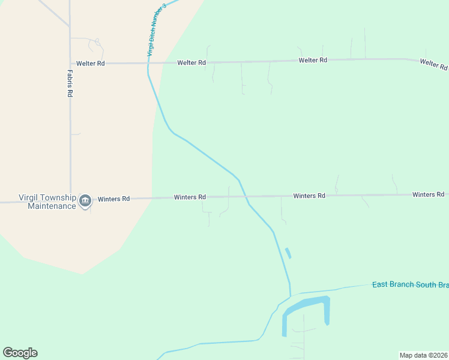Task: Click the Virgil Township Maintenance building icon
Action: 85,200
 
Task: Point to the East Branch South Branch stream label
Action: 410,284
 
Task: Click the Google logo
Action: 20,353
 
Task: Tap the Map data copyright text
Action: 423,355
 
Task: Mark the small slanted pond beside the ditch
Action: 288,253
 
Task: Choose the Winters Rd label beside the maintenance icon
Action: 113,199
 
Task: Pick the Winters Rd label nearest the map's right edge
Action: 428,194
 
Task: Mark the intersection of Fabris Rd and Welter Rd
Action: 70,63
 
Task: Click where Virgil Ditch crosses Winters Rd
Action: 244,196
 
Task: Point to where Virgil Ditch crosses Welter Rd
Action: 148,62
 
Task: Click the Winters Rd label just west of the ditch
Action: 190,197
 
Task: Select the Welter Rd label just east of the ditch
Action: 191,62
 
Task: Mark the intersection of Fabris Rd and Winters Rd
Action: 70,201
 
